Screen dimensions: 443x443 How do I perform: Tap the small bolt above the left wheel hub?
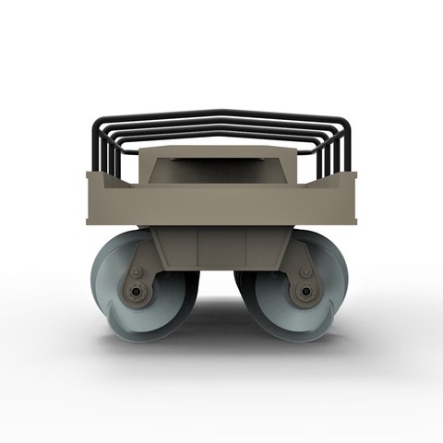click(138, 273)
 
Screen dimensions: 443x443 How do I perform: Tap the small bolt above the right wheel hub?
click(305, 272)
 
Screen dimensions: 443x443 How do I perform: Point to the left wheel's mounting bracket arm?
click(143, 258)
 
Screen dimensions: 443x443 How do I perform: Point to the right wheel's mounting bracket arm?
click(300, 258)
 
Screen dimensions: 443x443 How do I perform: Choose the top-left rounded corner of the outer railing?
click(98, 123)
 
